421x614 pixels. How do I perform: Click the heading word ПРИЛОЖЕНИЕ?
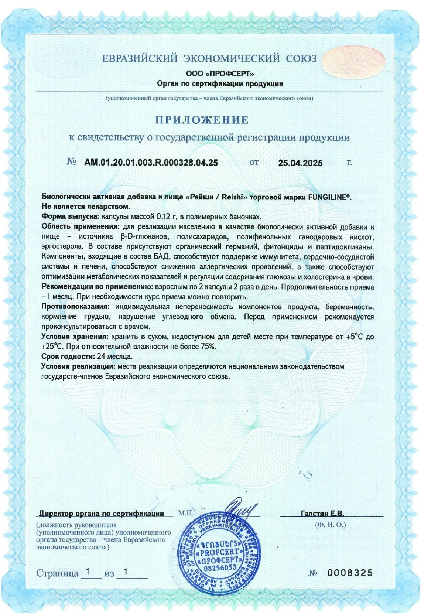pyautogui.click(x=202, y=120)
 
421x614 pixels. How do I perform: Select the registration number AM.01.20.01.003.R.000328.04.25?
pyautogui.click(x=151, y=163)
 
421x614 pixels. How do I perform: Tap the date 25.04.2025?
pyautogui.click(x=300, y=163)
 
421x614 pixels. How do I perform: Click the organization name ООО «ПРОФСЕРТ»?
pyautogui.click(x=220, y=74)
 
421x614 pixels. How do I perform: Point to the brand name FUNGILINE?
pyautogui.click(x=328, y=197)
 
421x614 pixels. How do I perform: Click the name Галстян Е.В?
pyautogui.click(x=322, y=513)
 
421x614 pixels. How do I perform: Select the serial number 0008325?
pyautogui.click(x=350, y=573)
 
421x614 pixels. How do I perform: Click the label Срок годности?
pyautogui.click(x=68, y=357)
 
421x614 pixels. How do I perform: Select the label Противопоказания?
pyautogui.click(x=75, y=307)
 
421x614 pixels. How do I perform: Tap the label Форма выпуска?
pyautogui.click(x=70, y=216)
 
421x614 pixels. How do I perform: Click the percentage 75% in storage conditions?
pyautogui.click(x=208, y=347)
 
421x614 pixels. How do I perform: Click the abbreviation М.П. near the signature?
pyautogui.click(x=186, y=513)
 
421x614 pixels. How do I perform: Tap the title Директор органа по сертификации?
pyautogui.click(x=102, y=513)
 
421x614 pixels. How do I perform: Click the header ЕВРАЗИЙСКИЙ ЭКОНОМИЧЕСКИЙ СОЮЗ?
pyautogui.click(x=209, y=58)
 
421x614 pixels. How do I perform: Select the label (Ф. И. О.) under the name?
pyautogui.click(x=331, y=525)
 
